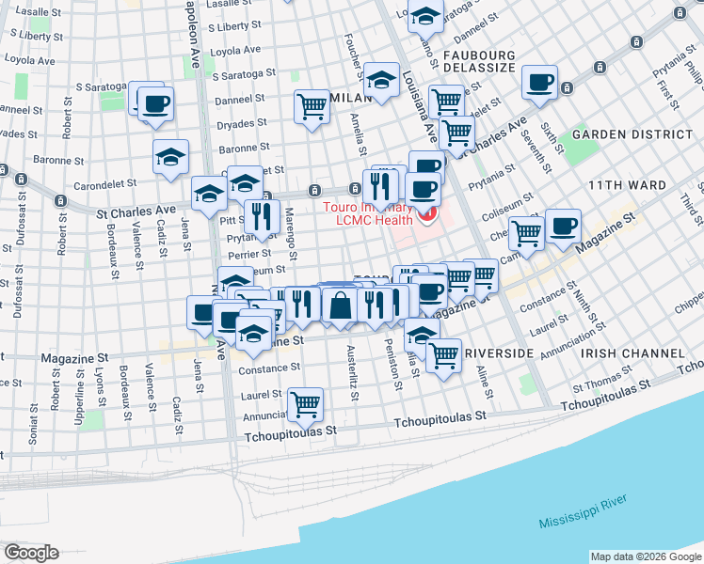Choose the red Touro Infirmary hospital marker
(428, 217)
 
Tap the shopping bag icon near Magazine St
(340, 305)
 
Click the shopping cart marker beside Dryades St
(312, 106)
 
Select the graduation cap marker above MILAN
(382, 79)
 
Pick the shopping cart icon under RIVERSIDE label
(443, 355)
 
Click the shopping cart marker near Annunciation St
(305, 403)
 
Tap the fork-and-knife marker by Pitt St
(262, 216)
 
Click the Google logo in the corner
(31, 552)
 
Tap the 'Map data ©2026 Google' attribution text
(646, 556)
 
